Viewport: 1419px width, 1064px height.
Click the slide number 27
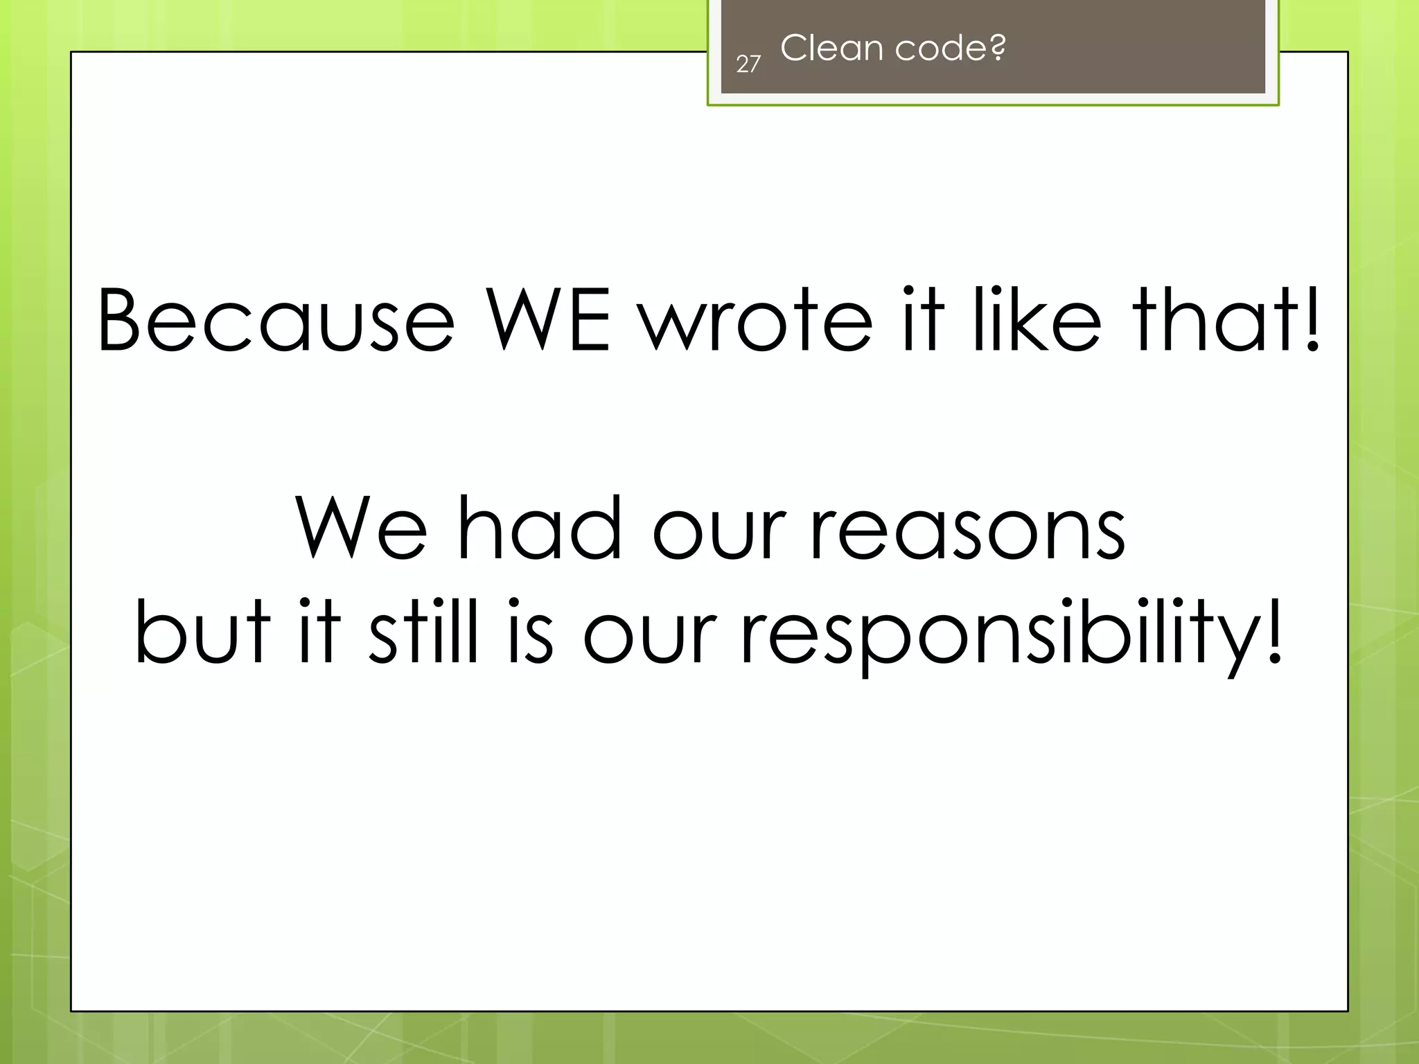[748, 64]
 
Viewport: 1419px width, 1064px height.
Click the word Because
[276, 320]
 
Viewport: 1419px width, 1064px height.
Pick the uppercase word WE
[547, 320]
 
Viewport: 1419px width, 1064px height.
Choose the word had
[540, 528]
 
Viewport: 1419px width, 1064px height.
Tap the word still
[423, 630]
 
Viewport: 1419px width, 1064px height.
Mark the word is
[531, 630]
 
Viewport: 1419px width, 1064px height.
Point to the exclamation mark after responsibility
[1273, 630]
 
